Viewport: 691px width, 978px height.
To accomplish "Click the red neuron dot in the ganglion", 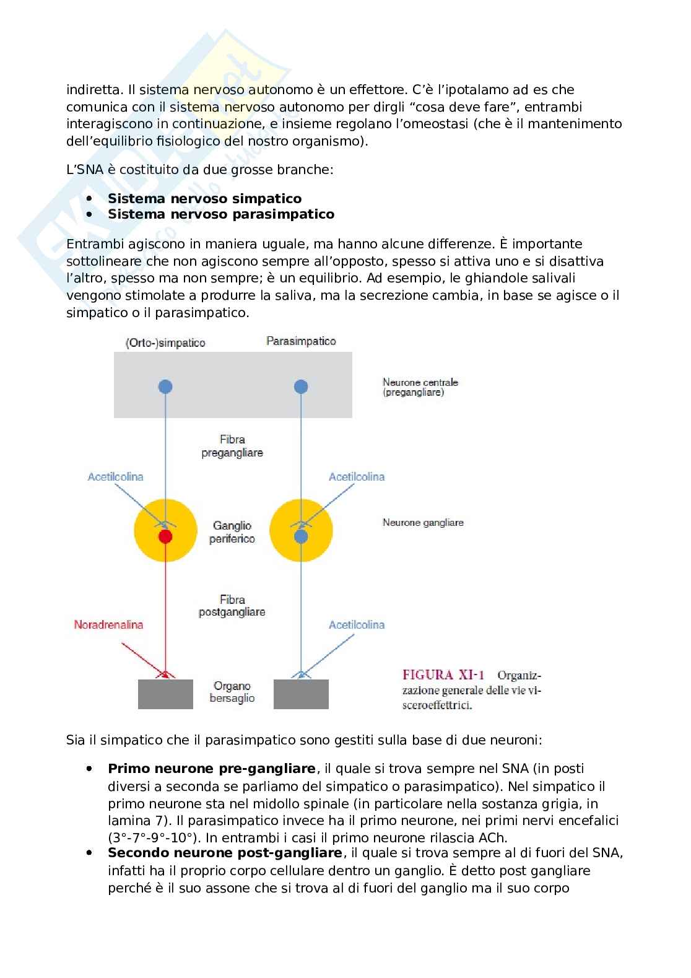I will (x=165, y=536).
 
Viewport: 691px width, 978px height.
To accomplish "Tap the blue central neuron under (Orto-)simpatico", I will (x=165, y=386).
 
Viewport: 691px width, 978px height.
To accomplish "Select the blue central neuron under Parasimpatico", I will (x=301, y=386).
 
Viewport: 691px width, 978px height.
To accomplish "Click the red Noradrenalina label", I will (x=108, y=624).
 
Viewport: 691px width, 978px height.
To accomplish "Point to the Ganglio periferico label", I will (x=232, y=532).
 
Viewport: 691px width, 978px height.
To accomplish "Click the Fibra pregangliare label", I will (x=232, y=446).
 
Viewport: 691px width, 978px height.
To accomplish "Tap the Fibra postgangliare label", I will (x=232, y=606).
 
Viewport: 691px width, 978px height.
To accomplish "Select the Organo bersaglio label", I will (x=232, y=692).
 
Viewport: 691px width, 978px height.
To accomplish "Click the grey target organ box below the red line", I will (x=165, y=694).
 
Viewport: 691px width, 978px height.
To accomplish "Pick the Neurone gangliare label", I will (x=423, y=523).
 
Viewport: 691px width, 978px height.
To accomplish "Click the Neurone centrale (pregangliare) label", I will (x=420, y=387).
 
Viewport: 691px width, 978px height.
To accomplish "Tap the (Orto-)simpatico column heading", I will (x=165, y=343).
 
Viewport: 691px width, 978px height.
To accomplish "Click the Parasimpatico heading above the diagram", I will (x=301, y=341).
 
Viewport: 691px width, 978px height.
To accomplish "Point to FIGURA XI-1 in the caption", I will (x=443, y=675).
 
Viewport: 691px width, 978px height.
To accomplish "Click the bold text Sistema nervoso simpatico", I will (x=205, y=199).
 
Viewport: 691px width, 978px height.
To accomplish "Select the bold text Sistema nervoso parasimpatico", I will (x=221, y=214).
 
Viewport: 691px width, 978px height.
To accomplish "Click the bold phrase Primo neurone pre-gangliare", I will (x=212, y=769).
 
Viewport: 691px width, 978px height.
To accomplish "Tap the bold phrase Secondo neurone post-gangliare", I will (x=225, y=853).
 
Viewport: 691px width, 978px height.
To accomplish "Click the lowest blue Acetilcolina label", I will (x=357, y=625).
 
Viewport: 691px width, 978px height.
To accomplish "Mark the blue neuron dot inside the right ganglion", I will (x=301, y=536).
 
